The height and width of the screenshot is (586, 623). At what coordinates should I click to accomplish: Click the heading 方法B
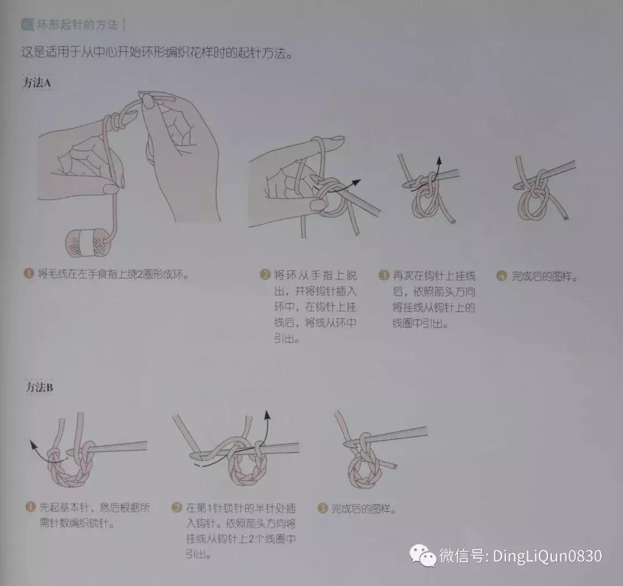(x=39, y=388)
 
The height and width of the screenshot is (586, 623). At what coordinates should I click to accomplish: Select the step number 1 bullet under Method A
(x=27, y=274)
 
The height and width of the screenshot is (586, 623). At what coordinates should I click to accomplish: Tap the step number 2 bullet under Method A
(x=265, y=275)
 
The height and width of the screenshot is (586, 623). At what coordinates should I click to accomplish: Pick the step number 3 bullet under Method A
(x=384, y=275)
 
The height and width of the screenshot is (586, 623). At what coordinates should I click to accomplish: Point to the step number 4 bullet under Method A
(x=501, y=276)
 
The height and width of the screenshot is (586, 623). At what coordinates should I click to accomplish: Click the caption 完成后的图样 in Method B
(x=363, y=509)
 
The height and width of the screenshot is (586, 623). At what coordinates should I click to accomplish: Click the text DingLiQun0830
(x=547, y=556)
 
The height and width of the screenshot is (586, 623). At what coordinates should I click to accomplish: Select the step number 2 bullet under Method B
(x=177, y=508)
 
